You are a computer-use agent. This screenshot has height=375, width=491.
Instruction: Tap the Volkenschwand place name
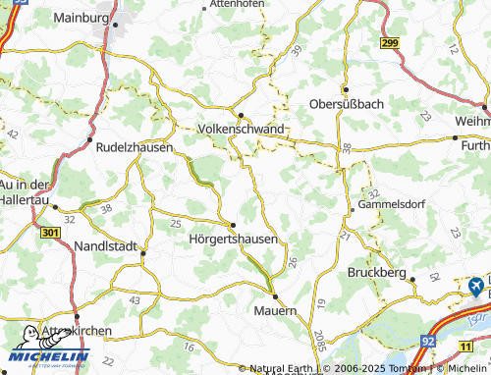click(x=242, y=129)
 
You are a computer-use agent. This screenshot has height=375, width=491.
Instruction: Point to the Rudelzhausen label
click(x=135, y=147)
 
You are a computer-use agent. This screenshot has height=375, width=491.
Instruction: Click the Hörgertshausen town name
click(x=232, y=239)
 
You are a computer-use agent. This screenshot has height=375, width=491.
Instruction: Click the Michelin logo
click(x=47, y=349)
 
